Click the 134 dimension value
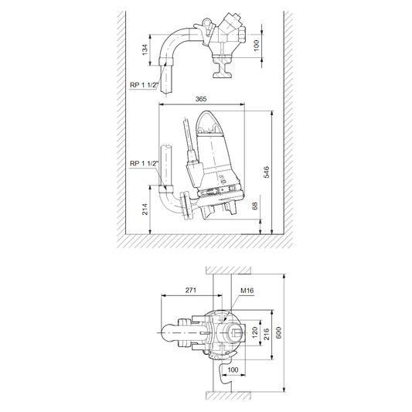coord(145,50)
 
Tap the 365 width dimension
coord(201,99)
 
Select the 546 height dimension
coord(266,172)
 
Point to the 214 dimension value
coord(145,209)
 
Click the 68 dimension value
coord(254,206)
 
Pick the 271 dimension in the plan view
coord(191,290)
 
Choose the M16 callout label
coord(247,291)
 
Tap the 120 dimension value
coord(255,332)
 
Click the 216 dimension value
coord(267,334)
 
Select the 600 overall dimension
coord(278,332)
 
